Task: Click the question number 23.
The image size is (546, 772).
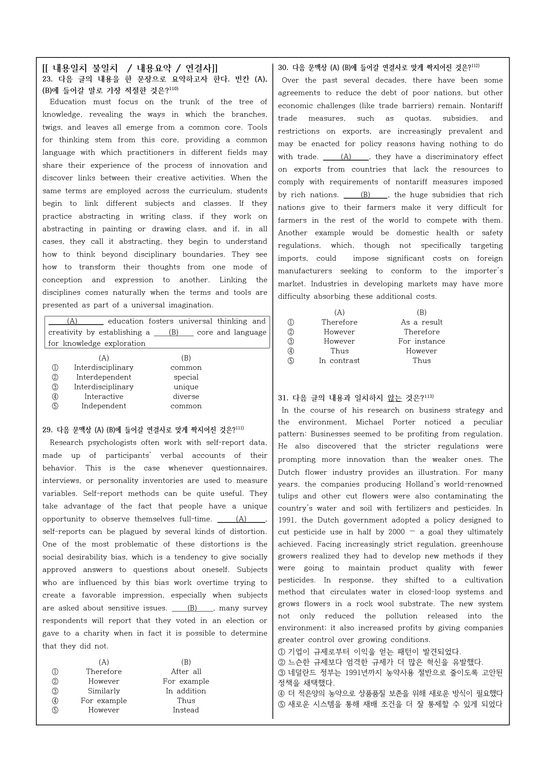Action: (x=47, y=80)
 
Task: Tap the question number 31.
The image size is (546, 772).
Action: (x=283, y=398)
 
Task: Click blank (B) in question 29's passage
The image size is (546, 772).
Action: (x=192, y=608)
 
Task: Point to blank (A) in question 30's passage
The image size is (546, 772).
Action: (x=346, y=157)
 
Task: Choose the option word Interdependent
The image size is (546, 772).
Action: (x=104, y=377)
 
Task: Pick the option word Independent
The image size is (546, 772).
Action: (x=104, y=406)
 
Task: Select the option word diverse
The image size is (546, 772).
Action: (x=186, y=396)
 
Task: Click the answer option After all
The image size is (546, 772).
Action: (x=186, y=671)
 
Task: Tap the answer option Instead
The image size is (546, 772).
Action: (x=186, y=710)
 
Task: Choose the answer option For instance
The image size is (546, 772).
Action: (x=421, y=341)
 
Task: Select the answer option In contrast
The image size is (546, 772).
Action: (x=339, y=361)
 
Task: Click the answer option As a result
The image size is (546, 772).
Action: (x=421, y=322)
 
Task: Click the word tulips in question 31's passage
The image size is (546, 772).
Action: (x=288, y=496)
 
